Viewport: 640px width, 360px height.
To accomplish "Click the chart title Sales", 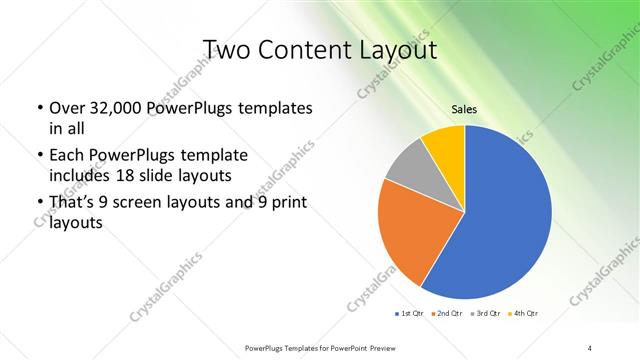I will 464,110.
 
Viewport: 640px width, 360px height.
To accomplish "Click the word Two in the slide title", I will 229,49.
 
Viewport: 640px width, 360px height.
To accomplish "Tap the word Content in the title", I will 314,49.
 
